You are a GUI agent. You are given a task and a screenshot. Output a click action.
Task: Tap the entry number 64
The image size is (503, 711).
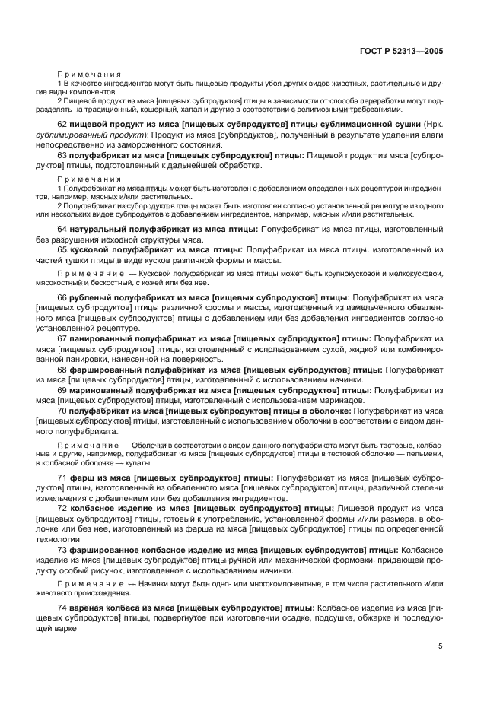(x=63, y=229)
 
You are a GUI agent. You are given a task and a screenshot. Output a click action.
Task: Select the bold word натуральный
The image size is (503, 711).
(x=99, y=229)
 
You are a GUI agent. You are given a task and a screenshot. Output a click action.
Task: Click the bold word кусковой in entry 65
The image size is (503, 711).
(x=91, y=249)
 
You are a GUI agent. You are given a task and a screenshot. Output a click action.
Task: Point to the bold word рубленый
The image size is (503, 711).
(x=92, y=298)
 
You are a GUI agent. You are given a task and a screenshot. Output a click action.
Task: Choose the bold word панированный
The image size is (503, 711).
(x=102, y=338)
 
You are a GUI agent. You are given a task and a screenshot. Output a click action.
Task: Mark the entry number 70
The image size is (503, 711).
(x=63, y=411)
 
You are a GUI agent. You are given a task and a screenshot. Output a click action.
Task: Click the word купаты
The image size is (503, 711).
(x=140, y=462)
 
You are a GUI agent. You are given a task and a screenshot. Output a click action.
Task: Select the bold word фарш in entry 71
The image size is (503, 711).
(x=81, y=477)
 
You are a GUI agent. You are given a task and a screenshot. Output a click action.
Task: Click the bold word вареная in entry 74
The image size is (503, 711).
(x=87, y=609)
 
